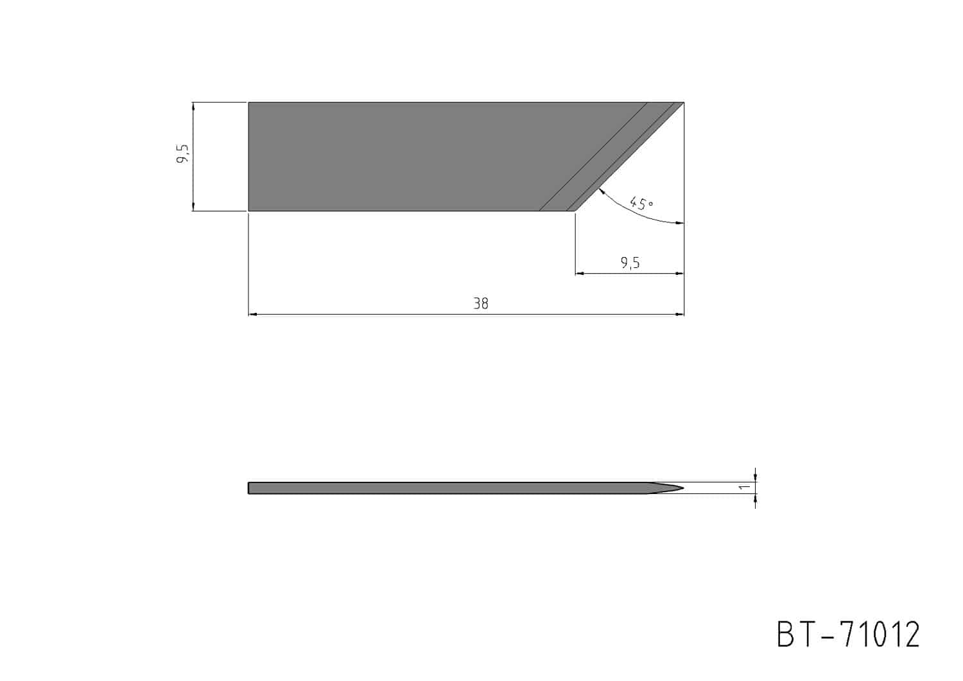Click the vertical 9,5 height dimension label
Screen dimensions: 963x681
pyautogui.click(x=182, y=154)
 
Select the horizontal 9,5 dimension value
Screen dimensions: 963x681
pyautogui.click(x=630, y=263)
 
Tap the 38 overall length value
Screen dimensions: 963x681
pyautogui.click(x=481, y=304)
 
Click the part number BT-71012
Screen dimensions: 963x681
pyautogui.click(x=848, y=635)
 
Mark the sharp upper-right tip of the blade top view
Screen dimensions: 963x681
pyautogui.click(x=684, y=102)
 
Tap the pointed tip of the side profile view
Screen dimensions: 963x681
pyautogui.click(x=684, y=488)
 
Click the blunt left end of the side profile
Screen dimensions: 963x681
pyautogui.click(x=248, y=488)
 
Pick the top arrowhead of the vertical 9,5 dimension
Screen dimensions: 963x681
pyautogui.click(x=193, y=107)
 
